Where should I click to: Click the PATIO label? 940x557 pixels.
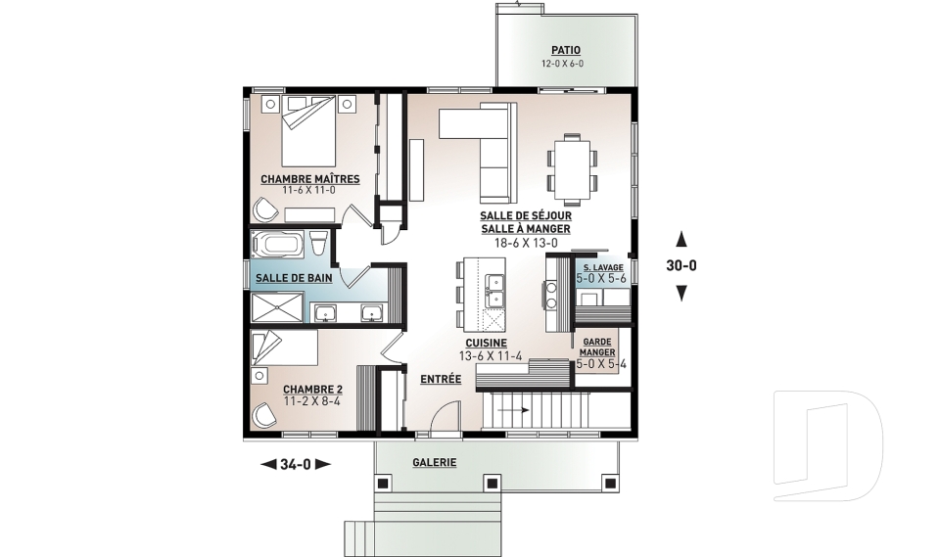pos(566,51)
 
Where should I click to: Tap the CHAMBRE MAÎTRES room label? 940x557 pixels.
pos(310,179)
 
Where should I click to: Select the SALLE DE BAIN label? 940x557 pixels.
pos(294,278)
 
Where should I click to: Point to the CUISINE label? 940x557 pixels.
pos(487,343)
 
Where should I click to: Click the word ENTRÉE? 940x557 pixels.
pos(441,379)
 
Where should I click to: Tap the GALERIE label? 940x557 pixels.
pos(435,462)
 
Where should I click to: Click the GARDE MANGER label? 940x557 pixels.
pos(597,348)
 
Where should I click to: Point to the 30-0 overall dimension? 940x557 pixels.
pos(681,265)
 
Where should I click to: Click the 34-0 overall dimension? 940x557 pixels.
pos(296,463)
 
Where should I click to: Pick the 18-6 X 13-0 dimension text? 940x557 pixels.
pos(526,243)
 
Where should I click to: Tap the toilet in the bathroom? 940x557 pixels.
pos(318,244)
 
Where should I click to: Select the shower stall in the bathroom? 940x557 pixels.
pos(277,307)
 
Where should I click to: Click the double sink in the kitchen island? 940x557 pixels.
pos(495,290)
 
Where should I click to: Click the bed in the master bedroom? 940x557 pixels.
pos(308,131)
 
